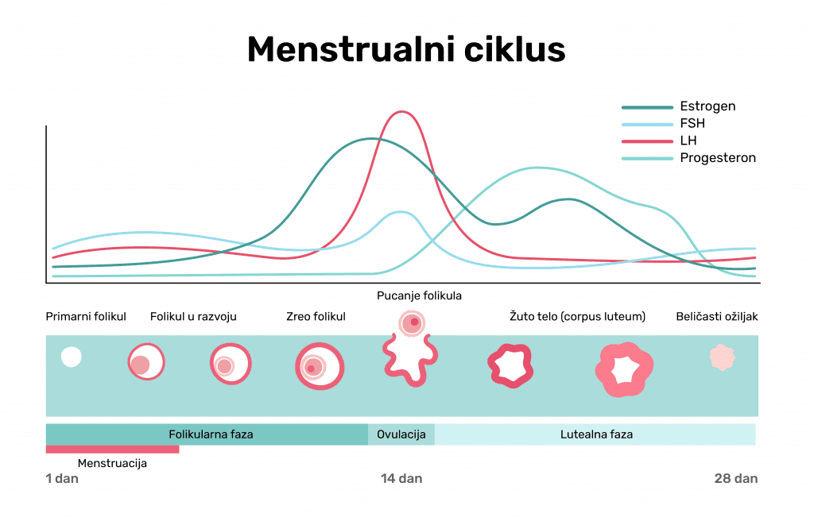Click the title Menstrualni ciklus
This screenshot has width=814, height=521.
click(406, 49)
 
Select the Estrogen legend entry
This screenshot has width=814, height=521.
click(707, 106)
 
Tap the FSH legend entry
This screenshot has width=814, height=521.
click(692, 124)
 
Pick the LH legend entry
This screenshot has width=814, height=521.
click(688, 141)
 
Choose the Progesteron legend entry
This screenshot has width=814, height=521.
click(718, 158)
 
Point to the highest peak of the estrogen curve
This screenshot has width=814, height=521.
click(370, 139)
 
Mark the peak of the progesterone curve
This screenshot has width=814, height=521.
click(537, 168)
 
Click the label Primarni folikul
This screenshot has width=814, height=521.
click(87, 317)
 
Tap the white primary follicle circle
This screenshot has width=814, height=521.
click(72, 357)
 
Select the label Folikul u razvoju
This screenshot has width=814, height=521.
click(193, 317)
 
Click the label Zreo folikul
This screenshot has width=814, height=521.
click(316, 317)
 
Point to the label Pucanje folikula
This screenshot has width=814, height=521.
click(419, 295)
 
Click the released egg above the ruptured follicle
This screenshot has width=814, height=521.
click(412, 323)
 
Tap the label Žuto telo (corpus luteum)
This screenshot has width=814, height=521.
click(577, 317)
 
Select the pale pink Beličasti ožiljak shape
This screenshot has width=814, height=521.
click(722, 357)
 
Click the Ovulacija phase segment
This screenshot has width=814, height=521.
click(401, 434)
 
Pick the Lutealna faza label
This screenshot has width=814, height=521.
click(596, 434)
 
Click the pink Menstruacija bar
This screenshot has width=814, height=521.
click(112, 450)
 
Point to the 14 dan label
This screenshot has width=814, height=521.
click(401, 478)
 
